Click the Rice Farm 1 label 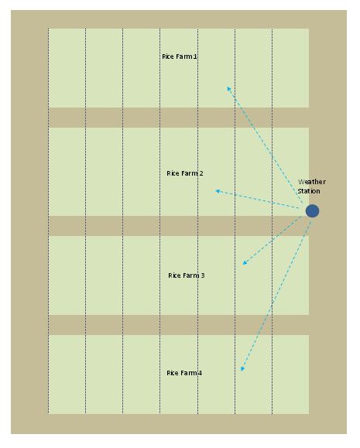(x=180, y=56)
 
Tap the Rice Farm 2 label (x=185, y=173)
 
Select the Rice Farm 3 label (x=187, y=275)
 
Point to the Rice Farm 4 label (x=184, y=373)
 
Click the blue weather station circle (x=312, y=211)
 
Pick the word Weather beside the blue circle (x=312, y=182)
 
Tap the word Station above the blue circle (x=309, y=191)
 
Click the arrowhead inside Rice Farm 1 (x=228, y=88)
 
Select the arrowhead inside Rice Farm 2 (x=218, y=191)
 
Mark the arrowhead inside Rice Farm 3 (x=245, y=263)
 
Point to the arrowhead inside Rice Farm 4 (x=242, y=369)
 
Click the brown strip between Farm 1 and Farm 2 (x=179, y=118)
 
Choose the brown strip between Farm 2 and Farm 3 (x=179, y=226)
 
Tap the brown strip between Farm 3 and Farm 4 (x=179, y=325)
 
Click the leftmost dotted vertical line (x=48, y=221)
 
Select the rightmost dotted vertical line (x=273, y=221)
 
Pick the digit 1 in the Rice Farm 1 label (x=195, y=56)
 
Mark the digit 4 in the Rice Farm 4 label (x=201, y=373)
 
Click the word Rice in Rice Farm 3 (x=174, y=275)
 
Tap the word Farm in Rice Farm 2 (x=190, y=173)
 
